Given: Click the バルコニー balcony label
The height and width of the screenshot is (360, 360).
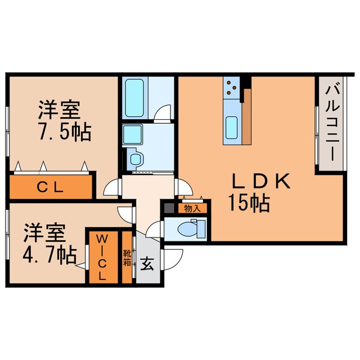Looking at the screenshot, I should (331, 121).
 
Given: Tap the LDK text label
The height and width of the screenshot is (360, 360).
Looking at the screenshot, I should (261, 182).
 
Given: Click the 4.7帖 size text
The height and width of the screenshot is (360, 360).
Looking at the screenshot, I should (49, 255).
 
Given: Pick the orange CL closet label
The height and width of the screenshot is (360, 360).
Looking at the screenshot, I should (50, 187).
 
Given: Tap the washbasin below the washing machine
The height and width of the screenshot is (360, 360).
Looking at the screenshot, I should (135, 158).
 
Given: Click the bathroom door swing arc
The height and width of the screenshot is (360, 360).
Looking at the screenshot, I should (162, 112).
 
